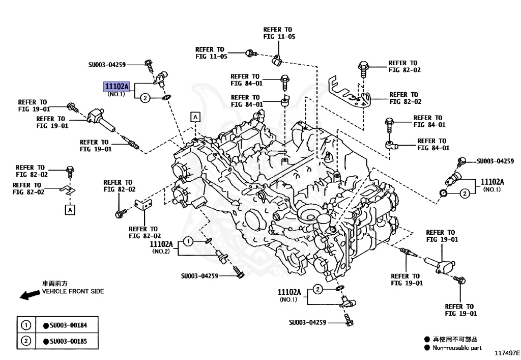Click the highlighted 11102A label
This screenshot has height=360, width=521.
click(117, 87)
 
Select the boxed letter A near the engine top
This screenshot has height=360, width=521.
click(195, 117)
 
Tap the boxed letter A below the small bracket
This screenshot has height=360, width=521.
click(70, 209)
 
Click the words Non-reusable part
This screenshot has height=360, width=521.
click(456, 348)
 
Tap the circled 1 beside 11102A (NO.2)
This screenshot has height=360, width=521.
click(188, 242)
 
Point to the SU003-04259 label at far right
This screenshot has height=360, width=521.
click(495, 161)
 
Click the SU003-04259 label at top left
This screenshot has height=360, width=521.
click(107, 65)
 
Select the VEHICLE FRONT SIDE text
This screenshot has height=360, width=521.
click(73, 291)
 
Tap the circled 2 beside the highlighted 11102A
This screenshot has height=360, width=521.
click(144, 98)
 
